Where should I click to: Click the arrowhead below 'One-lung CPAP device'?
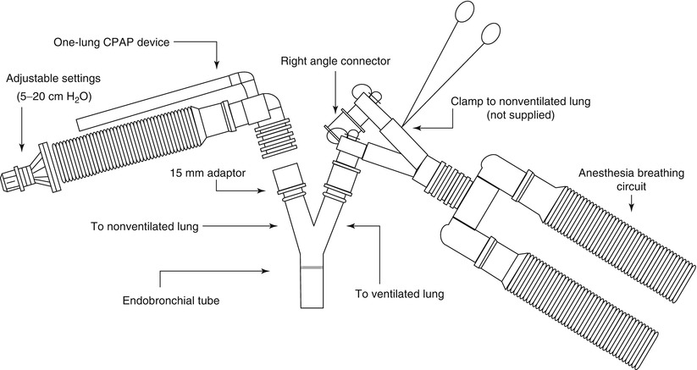pos(218,65)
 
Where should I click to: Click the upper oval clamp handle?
pos(465,11)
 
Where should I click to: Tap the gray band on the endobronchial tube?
pos(313,268)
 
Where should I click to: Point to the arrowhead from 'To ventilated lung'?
pos(351,226)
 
